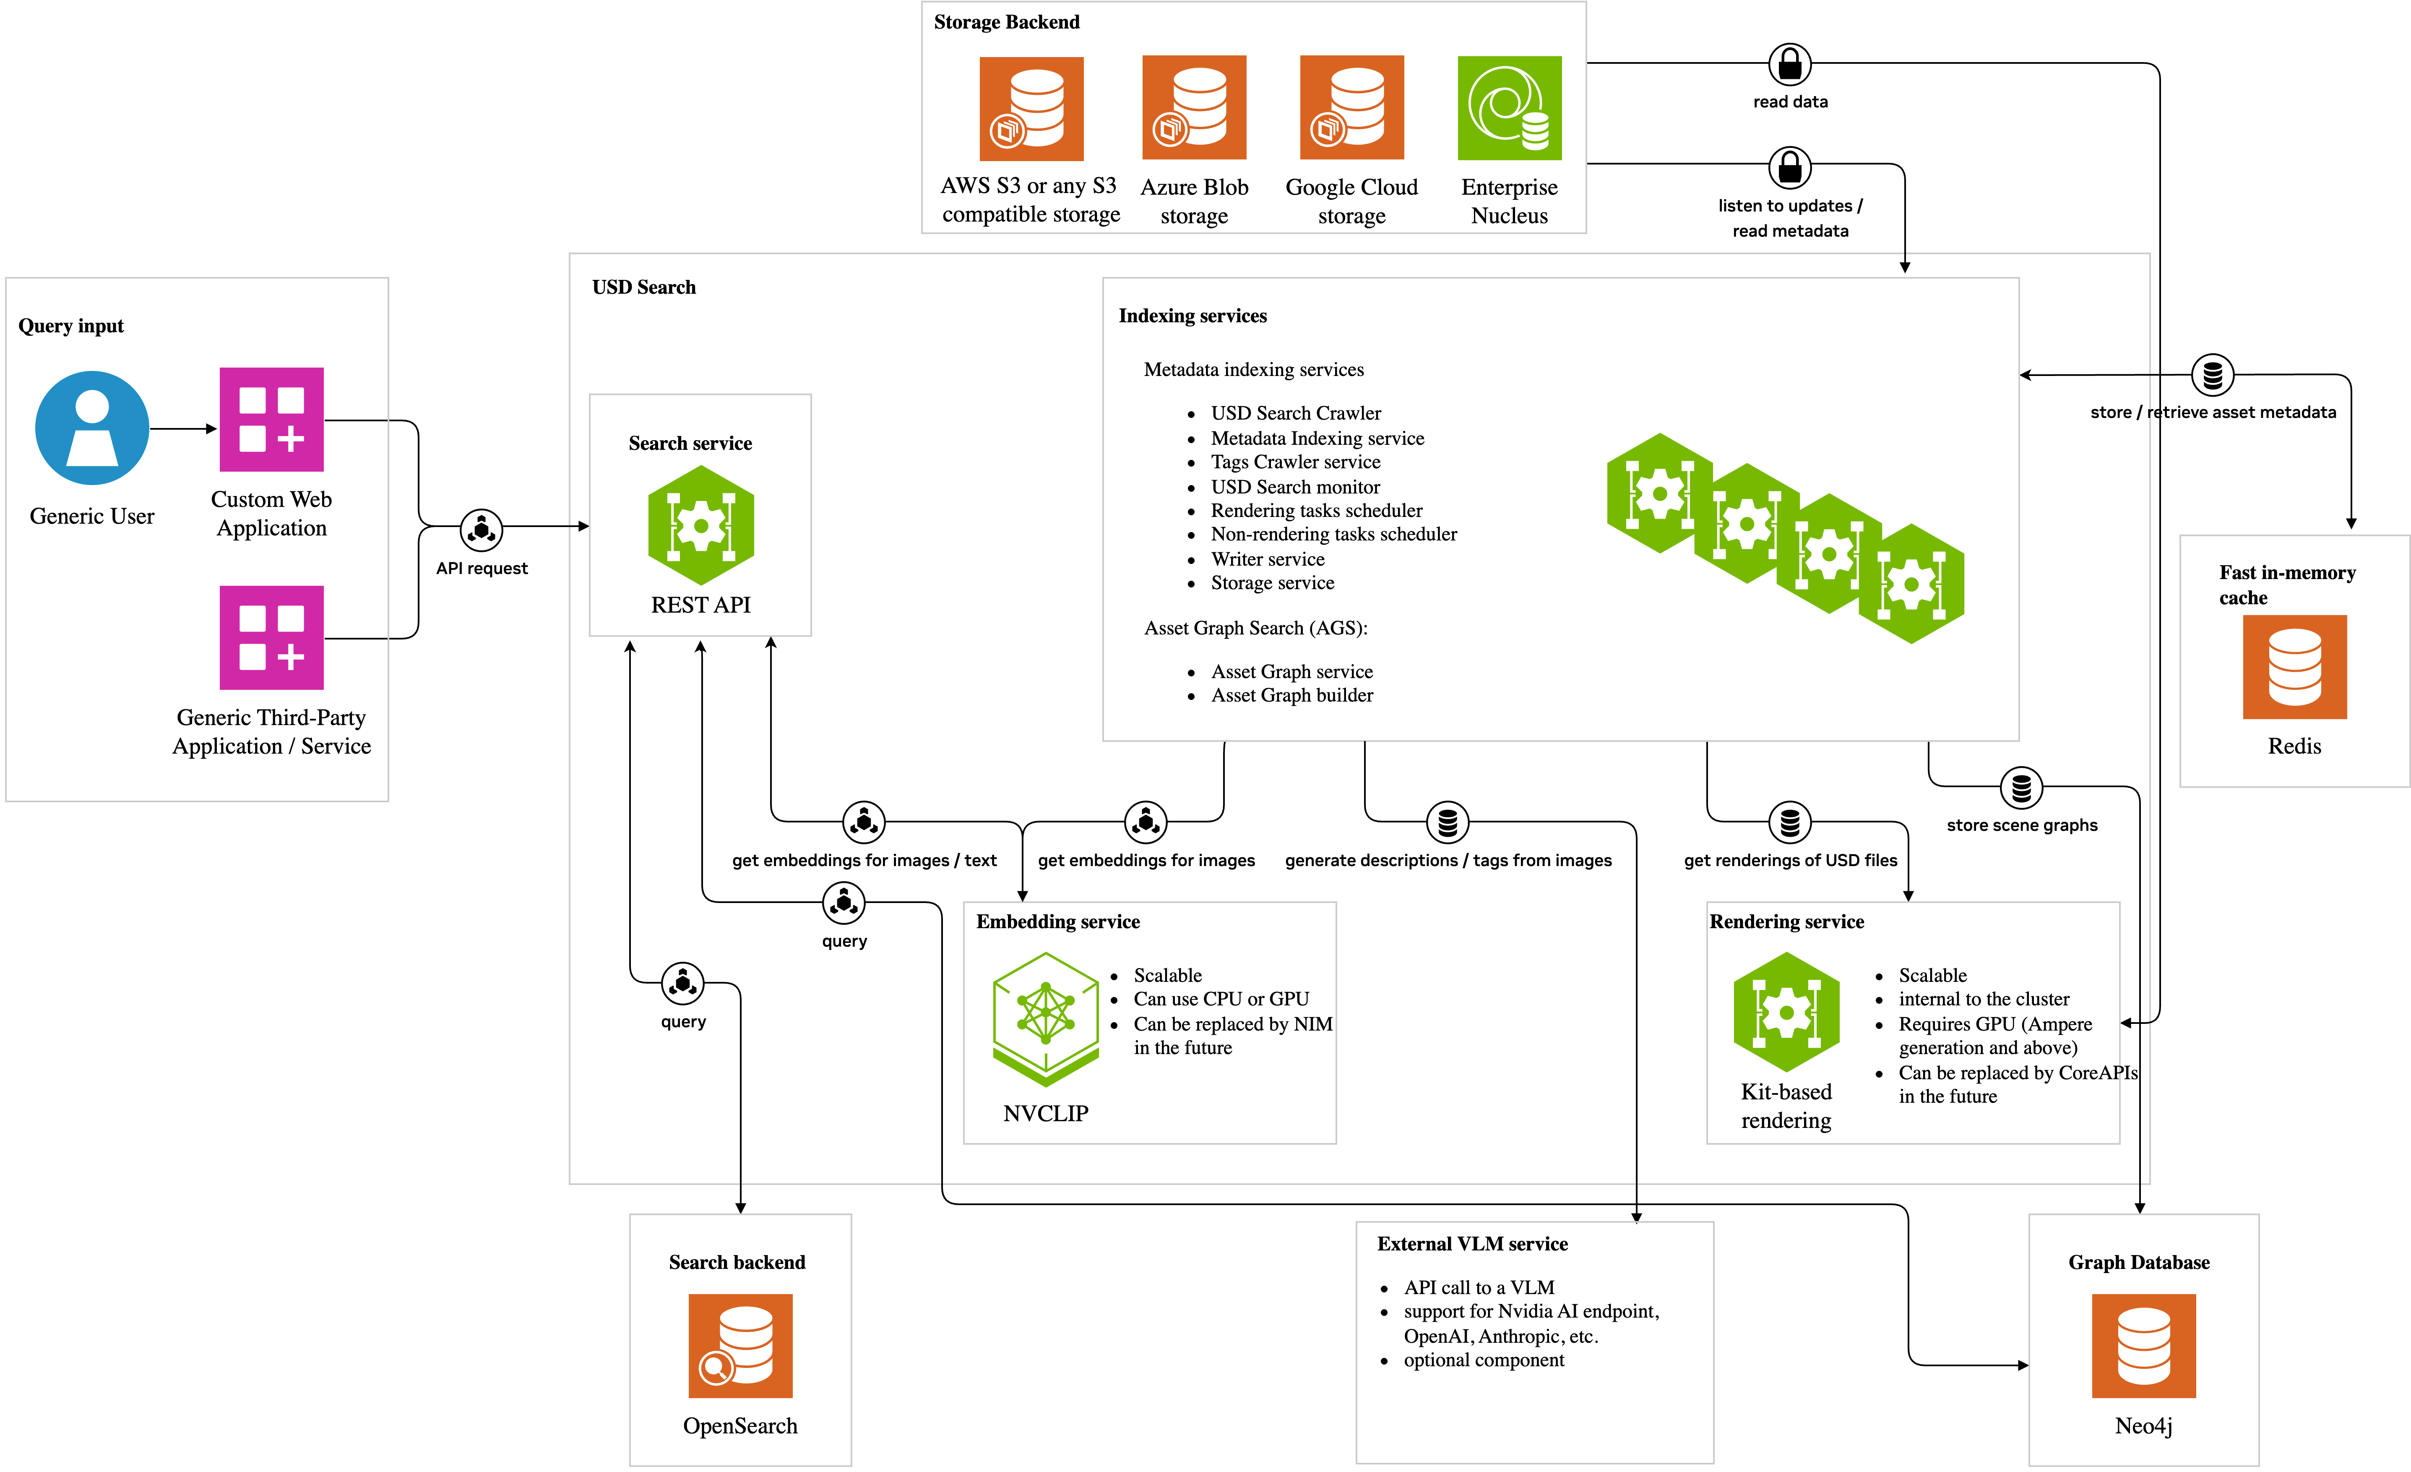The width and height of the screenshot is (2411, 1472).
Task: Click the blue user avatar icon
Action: coord(92,428)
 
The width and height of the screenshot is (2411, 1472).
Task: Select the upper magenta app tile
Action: coord(271,419)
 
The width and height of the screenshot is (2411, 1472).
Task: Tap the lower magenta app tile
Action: coord(271,637)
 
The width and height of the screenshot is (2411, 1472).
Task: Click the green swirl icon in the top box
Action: coord(1509,108)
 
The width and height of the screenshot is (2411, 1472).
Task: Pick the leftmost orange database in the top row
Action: coord(1031,109)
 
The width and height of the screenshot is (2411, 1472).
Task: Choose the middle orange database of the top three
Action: coord(1194,108)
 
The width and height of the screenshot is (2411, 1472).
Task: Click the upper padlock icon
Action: coord(1790,65)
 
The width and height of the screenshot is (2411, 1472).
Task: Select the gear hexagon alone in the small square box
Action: coord(700,526)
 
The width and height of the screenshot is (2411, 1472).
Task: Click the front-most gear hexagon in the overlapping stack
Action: coord(1911,584)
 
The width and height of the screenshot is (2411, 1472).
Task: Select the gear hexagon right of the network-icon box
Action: coord(1786,1012)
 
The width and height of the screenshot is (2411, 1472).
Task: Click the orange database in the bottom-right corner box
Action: coord(2143,1346)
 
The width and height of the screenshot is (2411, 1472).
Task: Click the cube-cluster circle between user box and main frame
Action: coord(482,530)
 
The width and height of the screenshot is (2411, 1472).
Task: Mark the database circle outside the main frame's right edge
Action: coord(2212,375)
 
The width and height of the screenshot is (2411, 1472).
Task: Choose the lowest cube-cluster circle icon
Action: coord(683,984)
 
